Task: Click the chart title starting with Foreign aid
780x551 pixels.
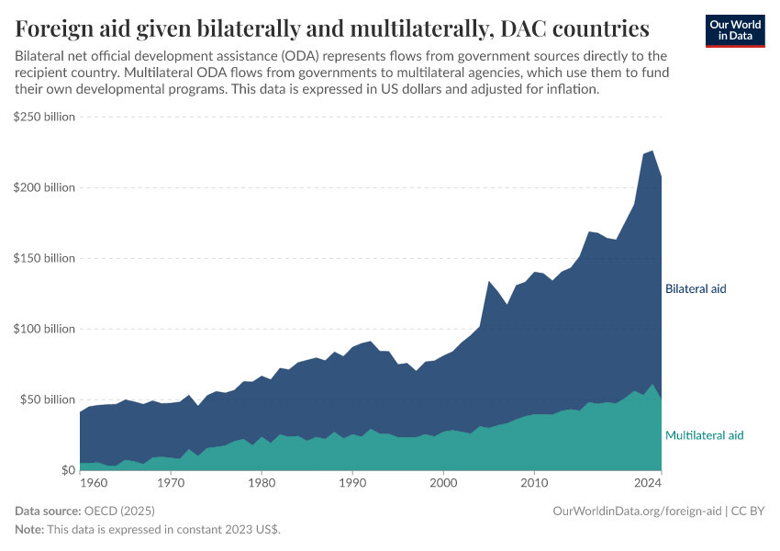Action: [332, 28]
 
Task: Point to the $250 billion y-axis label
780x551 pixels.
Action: [44, 117]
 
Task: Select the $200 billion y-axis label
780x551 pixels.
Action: [44, 187]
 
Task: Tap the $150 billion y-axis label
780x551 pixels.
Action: [44, 258]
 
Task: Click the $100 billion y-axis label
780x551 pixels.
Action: [44, 329]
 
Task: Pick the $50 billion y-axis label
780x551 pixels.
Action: [47, 399]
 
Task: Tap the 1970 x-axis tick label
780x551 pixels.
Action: [171, 481]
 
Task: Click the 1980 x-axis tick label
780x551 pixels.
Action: [262, 481]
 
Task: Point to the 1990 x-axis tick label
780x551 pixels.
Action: [352, 481]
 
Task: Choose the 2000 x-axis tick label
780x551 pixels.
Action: [443, 481]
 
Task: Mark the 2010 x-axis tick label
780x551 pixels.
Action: [534, 481]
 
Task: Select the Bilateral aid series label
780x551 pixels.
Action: [696, 288]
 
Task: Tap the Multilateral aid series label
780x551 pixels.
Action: [704, 435]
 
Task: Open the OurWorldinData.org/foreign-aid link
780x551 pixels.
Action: [637, 511]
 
